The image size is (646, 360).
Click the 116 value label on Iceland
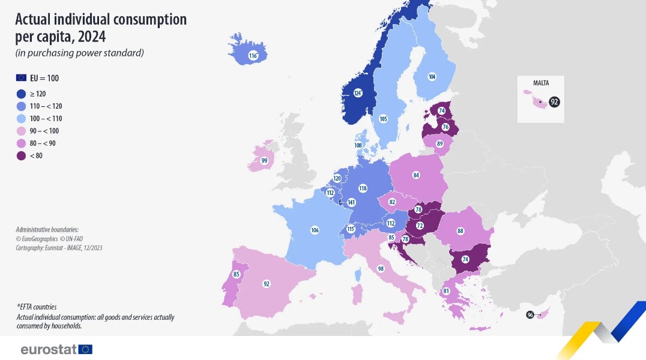pos(253,56)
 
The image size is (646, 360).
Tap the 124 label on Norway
pos(358,93)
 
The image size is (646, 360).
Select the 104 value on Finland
pos(432,76)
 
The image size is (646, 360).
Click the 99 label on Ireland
pos(264,160)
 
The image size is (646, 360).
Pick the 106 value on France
pos(315,230)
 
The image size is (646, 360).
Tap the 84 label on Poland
pos(415,175)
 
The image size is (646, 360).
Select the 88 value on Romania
pos(460,231)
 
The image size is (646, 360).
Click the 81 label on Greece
pos(446,291)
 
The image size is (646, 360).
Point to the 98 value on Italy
pos(381,268)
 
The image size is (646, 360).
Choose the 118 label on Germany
pos(363,188)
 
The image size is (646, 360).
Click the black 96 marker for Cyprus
pos(530,314)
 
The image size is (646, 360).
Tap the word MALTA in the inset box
pos(540,83)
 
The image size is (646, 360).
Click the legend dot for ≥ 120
pos(21,94)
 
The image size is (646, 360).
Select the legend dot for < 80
pos(21,156)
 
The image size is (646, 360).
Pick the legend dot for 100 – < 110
pos(21,118)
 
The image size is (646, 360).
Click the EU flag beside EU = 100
pos(21,78)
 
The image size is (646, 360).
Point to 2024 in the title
pos(91,37)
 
